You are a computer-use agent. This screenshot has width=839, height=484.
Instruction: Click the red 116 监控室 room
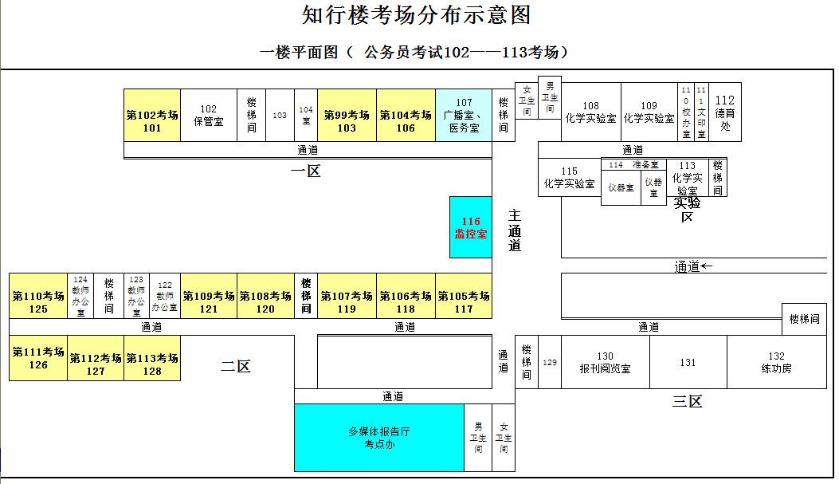pos(471,227)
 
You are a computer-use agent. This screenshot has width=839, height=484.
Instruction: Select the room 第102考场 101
pos(151,121)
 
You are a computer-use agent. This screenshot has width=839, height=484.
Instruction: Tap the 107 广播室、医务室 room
pos(464,116)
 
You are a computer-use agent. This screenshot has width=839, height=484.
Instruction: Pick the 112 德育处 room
pos(725,112)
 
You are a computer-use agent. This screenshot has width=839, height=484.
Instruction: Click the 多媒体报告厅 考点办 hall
pos(379,438)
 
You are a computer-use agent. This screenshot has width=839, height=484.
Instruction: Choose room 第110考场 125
pos(38,302)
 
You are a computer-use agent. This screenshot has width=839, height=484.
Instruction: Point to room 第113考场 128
pos(151,364)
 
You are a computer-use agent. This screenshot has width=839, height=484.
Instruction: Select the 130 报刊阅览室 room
pos(605,363)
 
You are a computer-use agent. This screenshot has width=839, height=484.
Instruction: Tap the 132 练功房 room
pos(776,363)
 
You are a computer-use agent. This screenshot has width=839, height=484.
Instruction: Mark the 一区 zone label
pos(305,170)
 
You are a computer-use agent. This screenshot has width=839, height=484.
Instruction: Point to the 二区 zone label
pos(236,366)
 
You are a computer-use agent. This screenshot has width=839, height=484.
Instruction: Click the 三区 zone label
pos(686,401)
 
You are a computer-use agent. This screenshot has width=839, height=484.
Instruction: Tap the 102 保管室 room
pos(209,116)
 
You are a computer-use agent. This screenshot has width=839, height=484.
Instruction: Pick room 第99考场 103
pos(347,121)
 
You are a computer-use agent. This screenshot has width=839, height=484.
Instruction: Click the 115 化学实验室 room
pos(569,178)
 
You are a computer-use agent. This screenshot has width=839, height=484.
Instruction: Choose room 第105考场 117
pos(463,302)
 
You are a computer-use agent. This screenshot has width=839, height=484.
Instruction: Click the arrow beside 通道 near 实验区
pos(707,266)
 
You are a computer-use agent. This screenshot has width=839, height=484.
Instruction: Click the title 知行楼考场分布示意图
pos(417,15)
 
